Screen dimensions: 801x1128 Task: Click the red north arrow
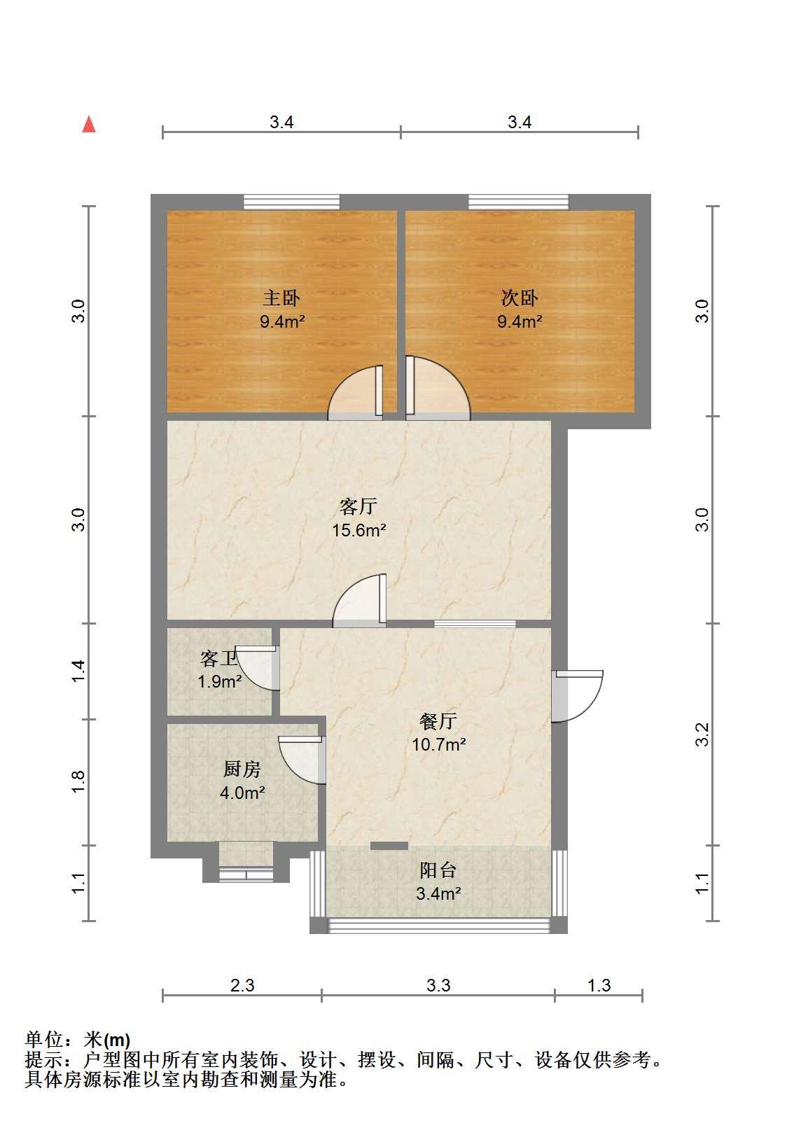tap(89, 125)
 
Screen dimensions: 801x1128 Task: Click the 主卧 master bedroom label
tap(281, 298)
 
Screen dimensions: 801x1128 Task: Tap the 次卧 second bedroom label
tap(520, 298)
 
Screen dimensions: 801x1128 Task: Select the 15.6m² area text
tap(359, 530)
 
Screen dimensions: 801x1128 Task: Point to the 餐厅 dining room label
tap(438, 721)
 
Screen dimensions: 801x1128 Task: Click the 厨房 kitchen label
tap(242, 769)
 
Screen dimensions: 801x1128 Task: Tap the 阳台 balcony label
tap(438, 870)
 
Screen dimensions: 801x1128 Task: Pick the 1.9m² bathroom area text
tap(220, 682)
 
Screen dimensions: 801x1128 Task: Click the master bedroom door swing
tap(356, 393)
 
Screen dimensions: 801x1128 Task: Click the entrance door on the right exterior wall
tap(577, 696)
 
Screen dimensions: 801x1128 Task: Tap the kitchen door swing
tap(302, 760)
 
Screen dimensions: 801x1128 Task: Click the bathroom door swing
tap(257, 668)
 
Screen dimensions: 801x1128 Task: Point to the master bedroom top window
tap(291, 202)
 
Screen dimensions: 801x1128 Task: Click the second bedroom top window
tap(519, 202)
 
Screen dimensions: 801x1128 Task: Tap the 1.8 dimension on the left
tap(78, 781)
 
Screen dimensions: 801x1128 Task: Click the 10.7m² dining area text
tap(439, 744)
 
